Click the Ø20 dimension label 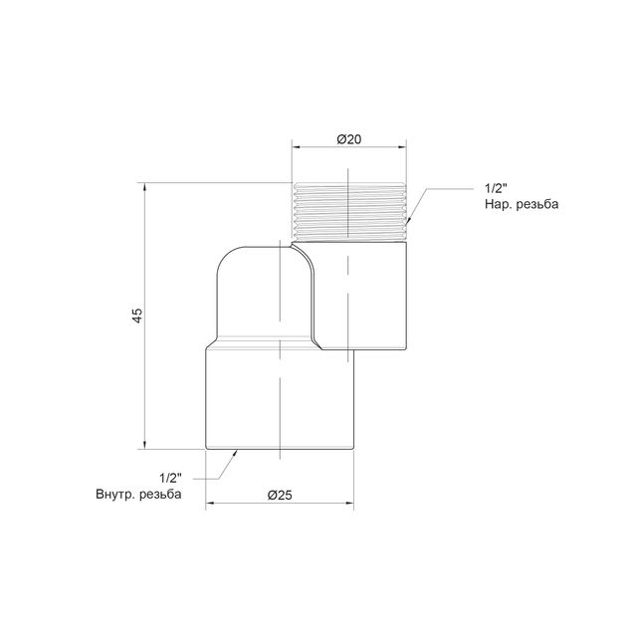(x=348, y=139)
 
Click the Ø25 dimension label (x=280, y=495)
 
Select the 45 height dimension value (x=137, y=315)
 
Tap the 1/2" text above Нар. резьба (x=496, y=188)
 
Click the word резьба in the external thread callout (x=537, y=204)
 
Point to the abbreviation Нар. (x=499, y=204)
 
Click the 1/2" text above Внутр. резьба (x=170, y=478)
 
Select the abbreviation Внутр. (x=115, y=495)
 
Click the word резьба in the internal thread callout (x=160, y=495)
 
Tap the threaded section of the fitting (x=350, y=212)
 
